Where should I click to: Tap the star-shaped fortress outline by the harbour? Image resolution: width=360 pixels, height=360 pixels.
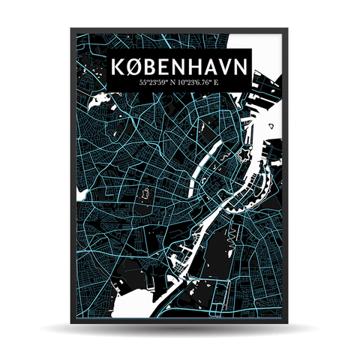tap(243, 155)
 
